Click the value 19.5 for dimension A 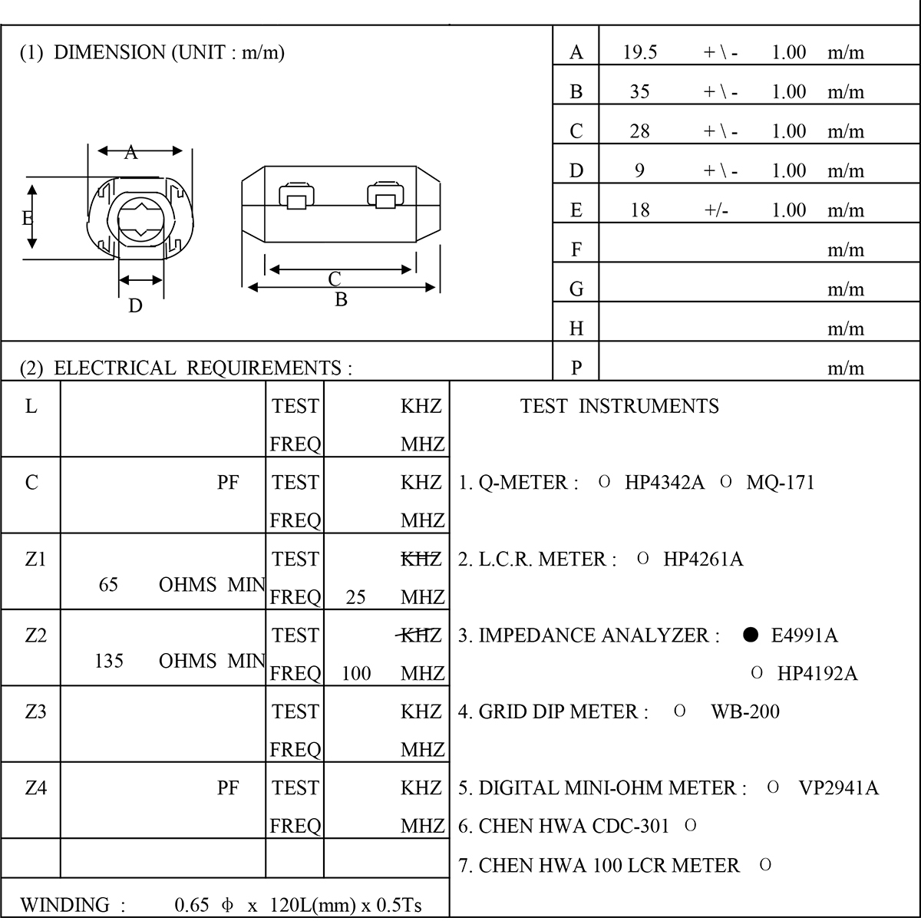(640, 52)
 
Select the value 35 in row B (639, 92)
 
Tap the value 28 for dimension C (639, 131)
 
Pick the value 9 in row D (639, 170)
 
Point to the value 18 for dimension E (639, 210)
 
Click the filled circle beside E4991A (751, 635)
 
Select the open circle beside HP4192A (757, 673)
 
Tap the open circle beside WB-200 (679, 711)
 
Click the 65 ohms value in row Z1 (108, 585)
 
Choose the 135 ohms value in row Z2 (108, 661)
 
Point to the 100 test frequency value (356, 674)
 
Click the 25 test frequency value (355, 597)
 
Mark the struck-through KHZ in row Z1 (421, 559)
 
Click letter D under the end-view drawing (135, 305)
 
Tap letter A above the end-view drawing (131, 153)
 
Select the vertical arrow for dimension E (31, 216)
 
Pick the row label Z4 (36, 787)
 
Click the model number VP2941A (838, 788)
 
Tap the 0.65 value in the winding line (192, 905)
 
